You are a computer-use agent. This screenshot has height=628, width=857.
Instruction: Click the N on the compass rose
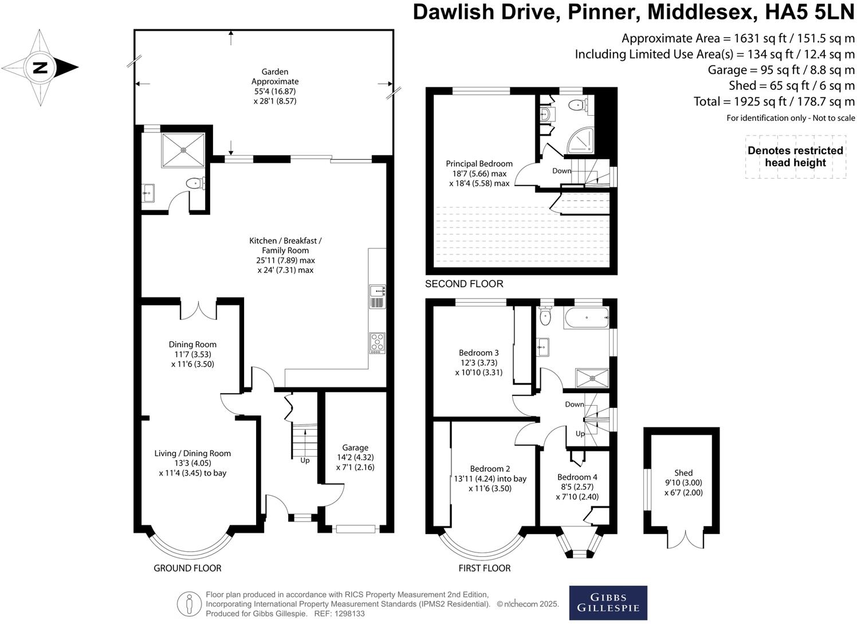pos(40,68)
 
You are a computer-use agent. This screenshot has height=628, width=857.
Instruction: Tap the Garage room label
pos(355,448)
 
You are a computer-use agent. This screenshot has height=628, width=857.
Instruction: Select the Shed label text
pos(683,473)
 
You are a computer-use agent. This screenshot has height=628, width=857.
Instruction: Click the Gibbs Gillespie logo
pos(608,603)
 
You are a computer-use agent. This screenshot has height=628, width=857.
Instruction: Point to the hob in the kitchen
pos(377,343)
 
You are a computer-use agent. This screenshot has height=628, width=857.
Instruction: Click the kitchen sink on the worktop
pos(378,297)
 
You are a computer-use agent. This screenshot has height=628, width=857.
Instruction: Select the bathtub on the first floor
pos(585,318)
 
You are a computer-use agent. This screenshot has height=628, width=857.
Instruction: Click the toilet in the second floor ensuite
pos(577,105)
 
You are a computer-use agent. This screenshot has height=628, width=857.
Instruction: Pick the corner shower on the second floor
pos(581,140)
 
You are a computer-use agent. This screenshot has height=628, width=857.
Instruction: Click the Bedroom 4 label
pos(577,477)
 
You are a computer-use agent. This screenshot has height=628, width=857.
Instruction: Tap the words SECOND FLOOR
pos(464,284)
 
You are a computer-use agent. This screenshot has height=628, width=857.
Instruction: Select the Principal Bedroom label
pos(479,164)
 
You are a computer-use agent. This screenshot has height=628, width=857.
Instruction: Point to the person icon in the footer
pos(189,605)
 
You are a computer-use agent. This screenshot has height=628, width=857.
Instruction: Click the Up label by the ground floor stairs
pos(305,460)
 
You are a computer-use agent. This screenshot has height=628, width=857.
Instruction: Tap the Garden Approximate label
pos(275,77)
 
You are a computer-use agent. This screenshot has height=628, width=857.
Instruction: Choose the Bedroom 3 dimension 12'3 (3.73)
pos(479,362)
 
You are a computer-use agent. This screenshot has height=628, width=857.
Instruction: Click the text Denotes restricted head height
pos(795,156)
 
